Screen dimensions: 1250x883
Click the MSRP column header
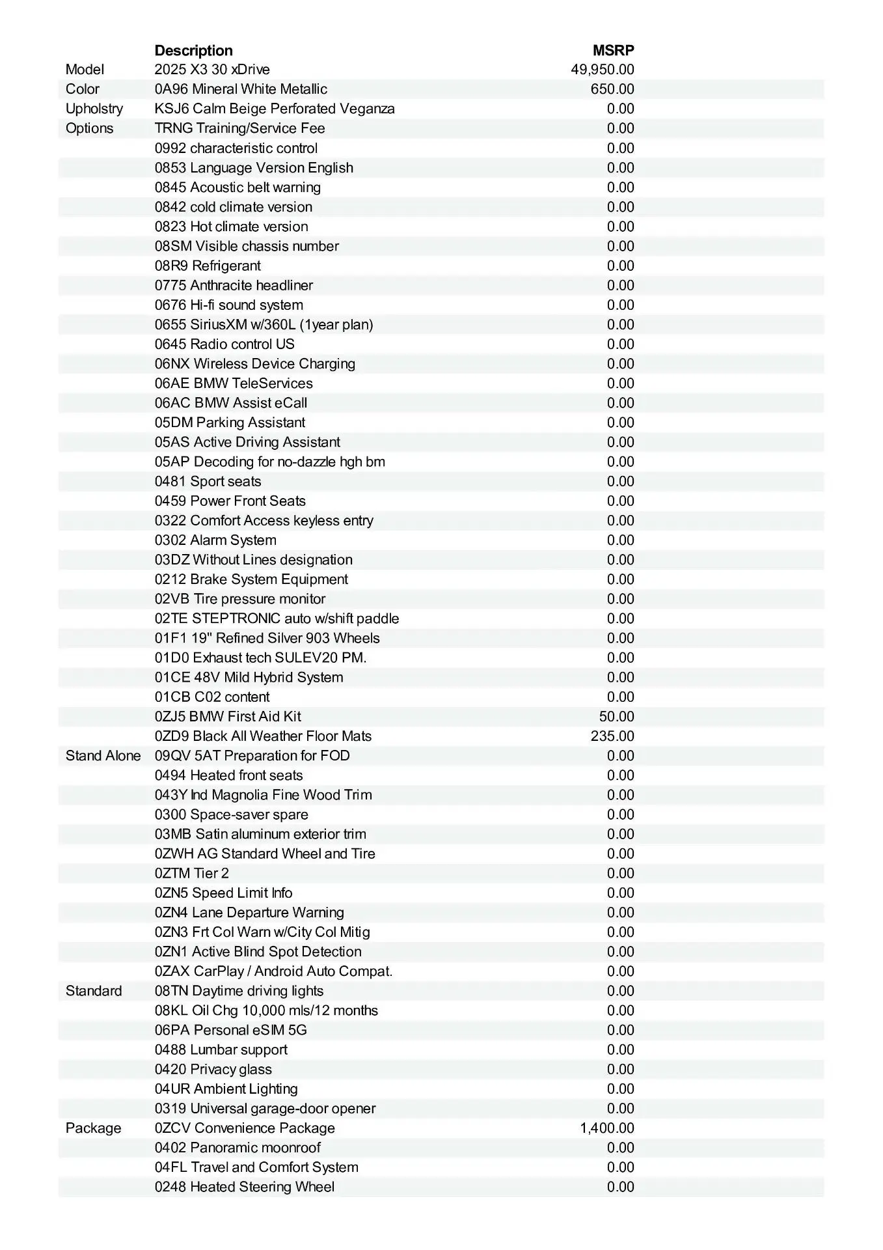(613, 50)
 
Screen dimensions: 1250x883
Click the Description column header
(193, 50)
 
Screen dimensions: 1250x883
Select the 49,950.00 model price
(602, 70)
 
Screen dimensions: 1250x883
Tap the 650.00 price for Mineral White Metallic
(612, 89)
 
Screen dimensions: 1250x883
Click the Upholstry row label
(94, 109)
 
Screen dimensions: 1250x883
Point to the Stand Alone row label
(103, 756)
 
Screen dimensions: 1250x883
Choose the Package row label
(93, 1128)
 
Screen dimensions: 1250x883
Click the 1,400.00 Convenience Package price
(606, 1128)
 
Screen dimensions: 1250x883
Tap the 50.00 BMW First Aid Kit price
(616, 717)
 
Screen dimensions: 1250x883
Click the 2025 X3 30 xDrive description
(212, 70)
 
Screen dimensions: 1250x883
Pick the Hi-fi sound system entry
(228, 305)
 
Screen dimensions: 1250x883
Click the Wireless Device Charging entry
(254, 363)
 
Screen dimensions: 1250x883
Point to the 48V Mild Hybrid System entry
(249, 677)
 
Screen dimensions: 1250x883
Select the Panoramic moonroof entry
(238, 1148)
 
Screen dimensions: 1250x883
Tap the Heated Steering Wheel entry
(244, 1187)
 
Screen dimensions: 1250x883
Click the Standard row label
(93, 991)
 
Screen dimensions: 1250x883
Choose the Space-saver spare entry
(231, 814)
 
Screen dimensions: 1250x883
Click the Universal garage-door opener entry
(265, 1109)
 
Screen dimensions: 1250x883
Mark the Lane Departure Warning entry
(249, 913)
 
